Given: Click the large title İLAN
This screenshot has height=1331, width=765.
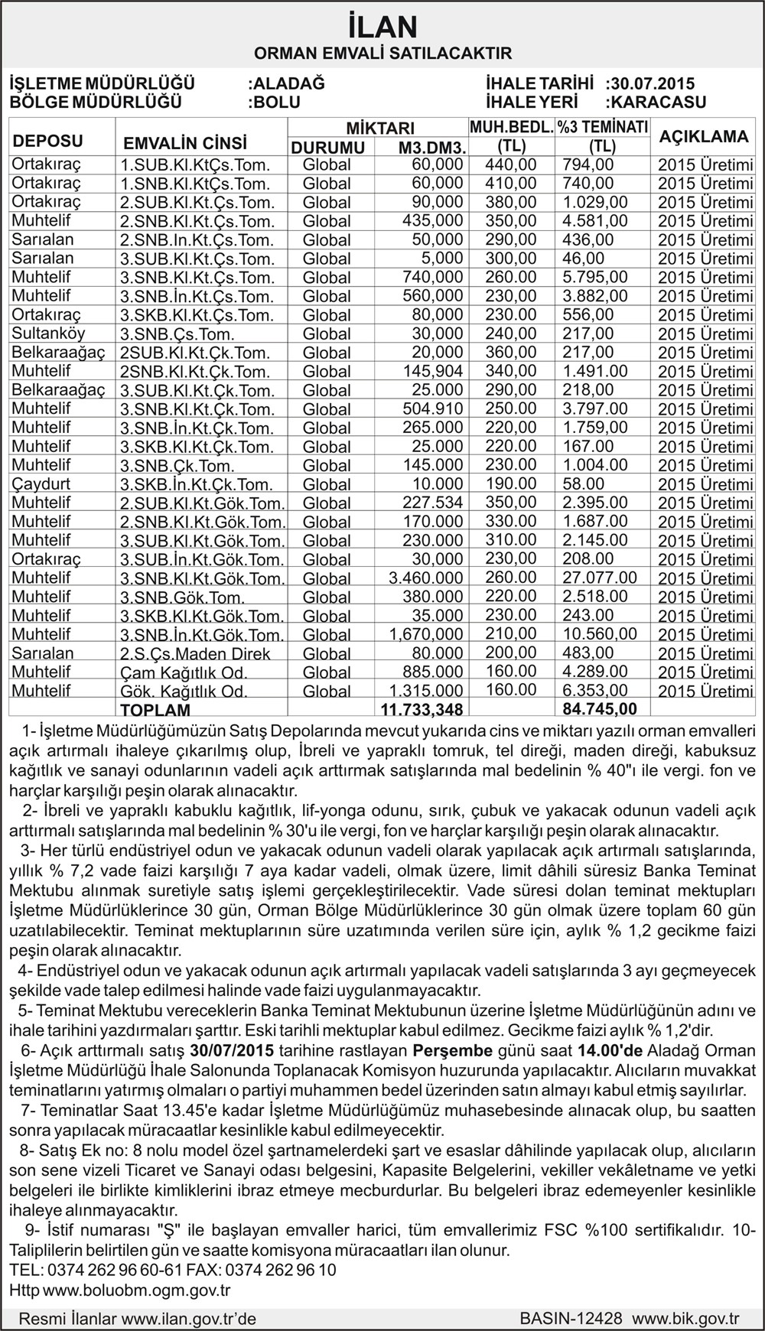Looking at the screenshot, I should (382, 28).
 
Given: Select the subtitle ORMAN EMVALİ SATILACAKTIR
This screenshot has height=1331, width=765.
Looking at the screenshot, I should (382, 54).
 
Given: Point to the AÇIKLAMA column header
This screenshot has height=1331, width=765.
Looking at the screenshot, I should (704, 137).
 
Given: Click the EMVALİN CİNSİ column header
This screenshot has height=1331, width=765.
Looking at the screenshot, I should (185, 144).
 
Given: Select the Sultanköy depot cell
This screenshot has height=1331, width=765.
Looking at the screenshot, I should (48, 334).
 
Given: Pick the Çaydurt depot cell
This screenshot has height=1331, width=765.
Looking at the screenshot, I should (41, 484).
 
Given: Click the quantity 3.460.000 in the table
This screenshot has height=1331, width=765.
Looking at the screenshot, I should (425, 578).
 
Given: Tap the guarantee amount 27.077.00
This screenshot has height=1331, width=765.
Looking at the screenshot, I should (600, 578).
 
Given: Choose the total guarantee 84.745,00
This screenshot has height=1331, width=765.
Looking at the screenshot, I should (599, 709).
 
